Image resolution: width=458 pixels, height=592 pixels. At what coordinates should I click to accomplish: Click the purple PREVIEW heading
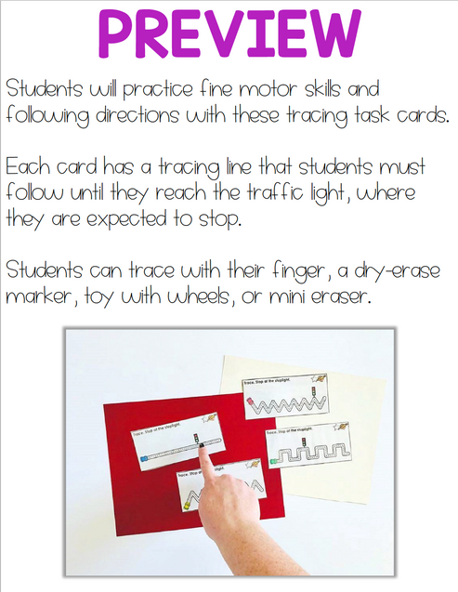tap(229, 35)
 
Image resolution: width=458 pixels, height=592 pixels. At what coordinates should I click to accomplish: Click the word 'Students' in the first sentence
tap(41, 90)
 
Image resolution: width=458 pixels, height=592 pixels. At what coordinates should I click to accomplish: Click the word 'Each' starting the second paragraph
tap(27, 169)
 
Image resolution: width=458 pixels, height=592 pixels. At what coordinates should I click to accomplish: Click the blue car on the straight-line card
tap(142, 458)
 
